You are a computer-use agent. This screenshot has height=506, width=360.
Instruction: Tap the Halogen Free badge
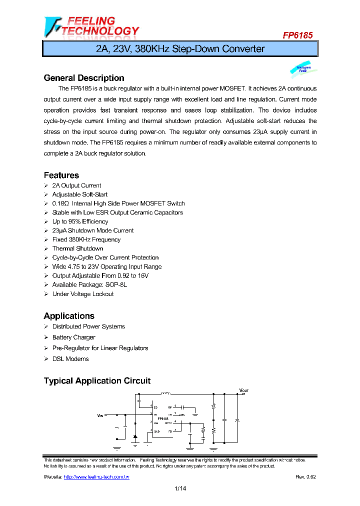pyautogui.click(x=302, y=69)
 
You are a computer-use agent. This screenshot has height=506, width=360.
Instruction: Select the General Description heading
pyautogui.click(x=84, y=78)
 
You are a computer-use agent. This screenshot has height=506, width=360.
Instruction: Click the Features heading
pyautogui.click(x=61, y=175)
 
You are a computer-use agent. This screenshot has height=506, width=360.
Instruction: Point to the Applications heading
pyautogui.click(x=69, y=316)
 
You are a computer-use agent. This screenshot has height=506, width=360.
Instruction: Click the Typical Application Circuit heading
pyautogui.click(x=97, y=381)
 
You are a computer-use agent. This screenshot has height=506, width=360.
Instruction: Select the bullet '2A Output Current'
pyautogui.click(x=76, y=185)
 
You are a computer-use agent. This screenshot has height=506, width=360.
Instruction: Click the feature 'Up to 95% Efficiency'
pyautogui.click(x=80, y=221)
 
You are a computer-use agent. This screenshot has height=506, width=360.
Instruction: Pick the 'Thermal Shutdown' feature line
pyautogui.click(x=77, y=248)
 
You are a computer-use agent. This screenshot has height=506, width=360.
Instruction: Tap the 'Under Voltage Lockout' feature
pyautogui.click(x=83, y=294)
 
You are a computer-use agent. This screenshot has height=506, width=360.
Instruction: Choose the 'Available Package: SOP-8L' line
pyautogui.click(x=89, y=284)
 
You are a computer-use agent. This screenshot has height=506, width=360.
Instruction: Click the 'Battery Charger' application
pyautogui.click(x=73, y=337)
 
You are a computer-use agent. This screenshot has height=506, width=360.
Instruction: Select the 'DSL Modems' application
pyautogui.click(x=70, y=359)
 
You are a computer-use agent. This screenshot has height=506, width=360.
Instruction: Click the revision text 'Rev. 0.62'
pyautogui.click(x=305, y=477)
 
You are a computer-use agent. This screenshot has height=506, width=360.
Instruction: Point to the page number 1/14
pyautogui.click(x=180, y=489)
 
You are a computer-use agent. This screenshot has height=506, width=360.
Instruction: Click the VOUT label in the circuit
pyautogui.click(x=243, y=390)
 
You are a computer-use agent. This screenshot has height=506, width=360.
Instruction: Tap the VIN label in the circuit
pyautogui.click(x=100, y=414)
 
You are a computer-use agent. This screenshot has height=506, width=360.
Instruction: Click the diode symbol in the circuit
pyautogui.click(x=135, y=437)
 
